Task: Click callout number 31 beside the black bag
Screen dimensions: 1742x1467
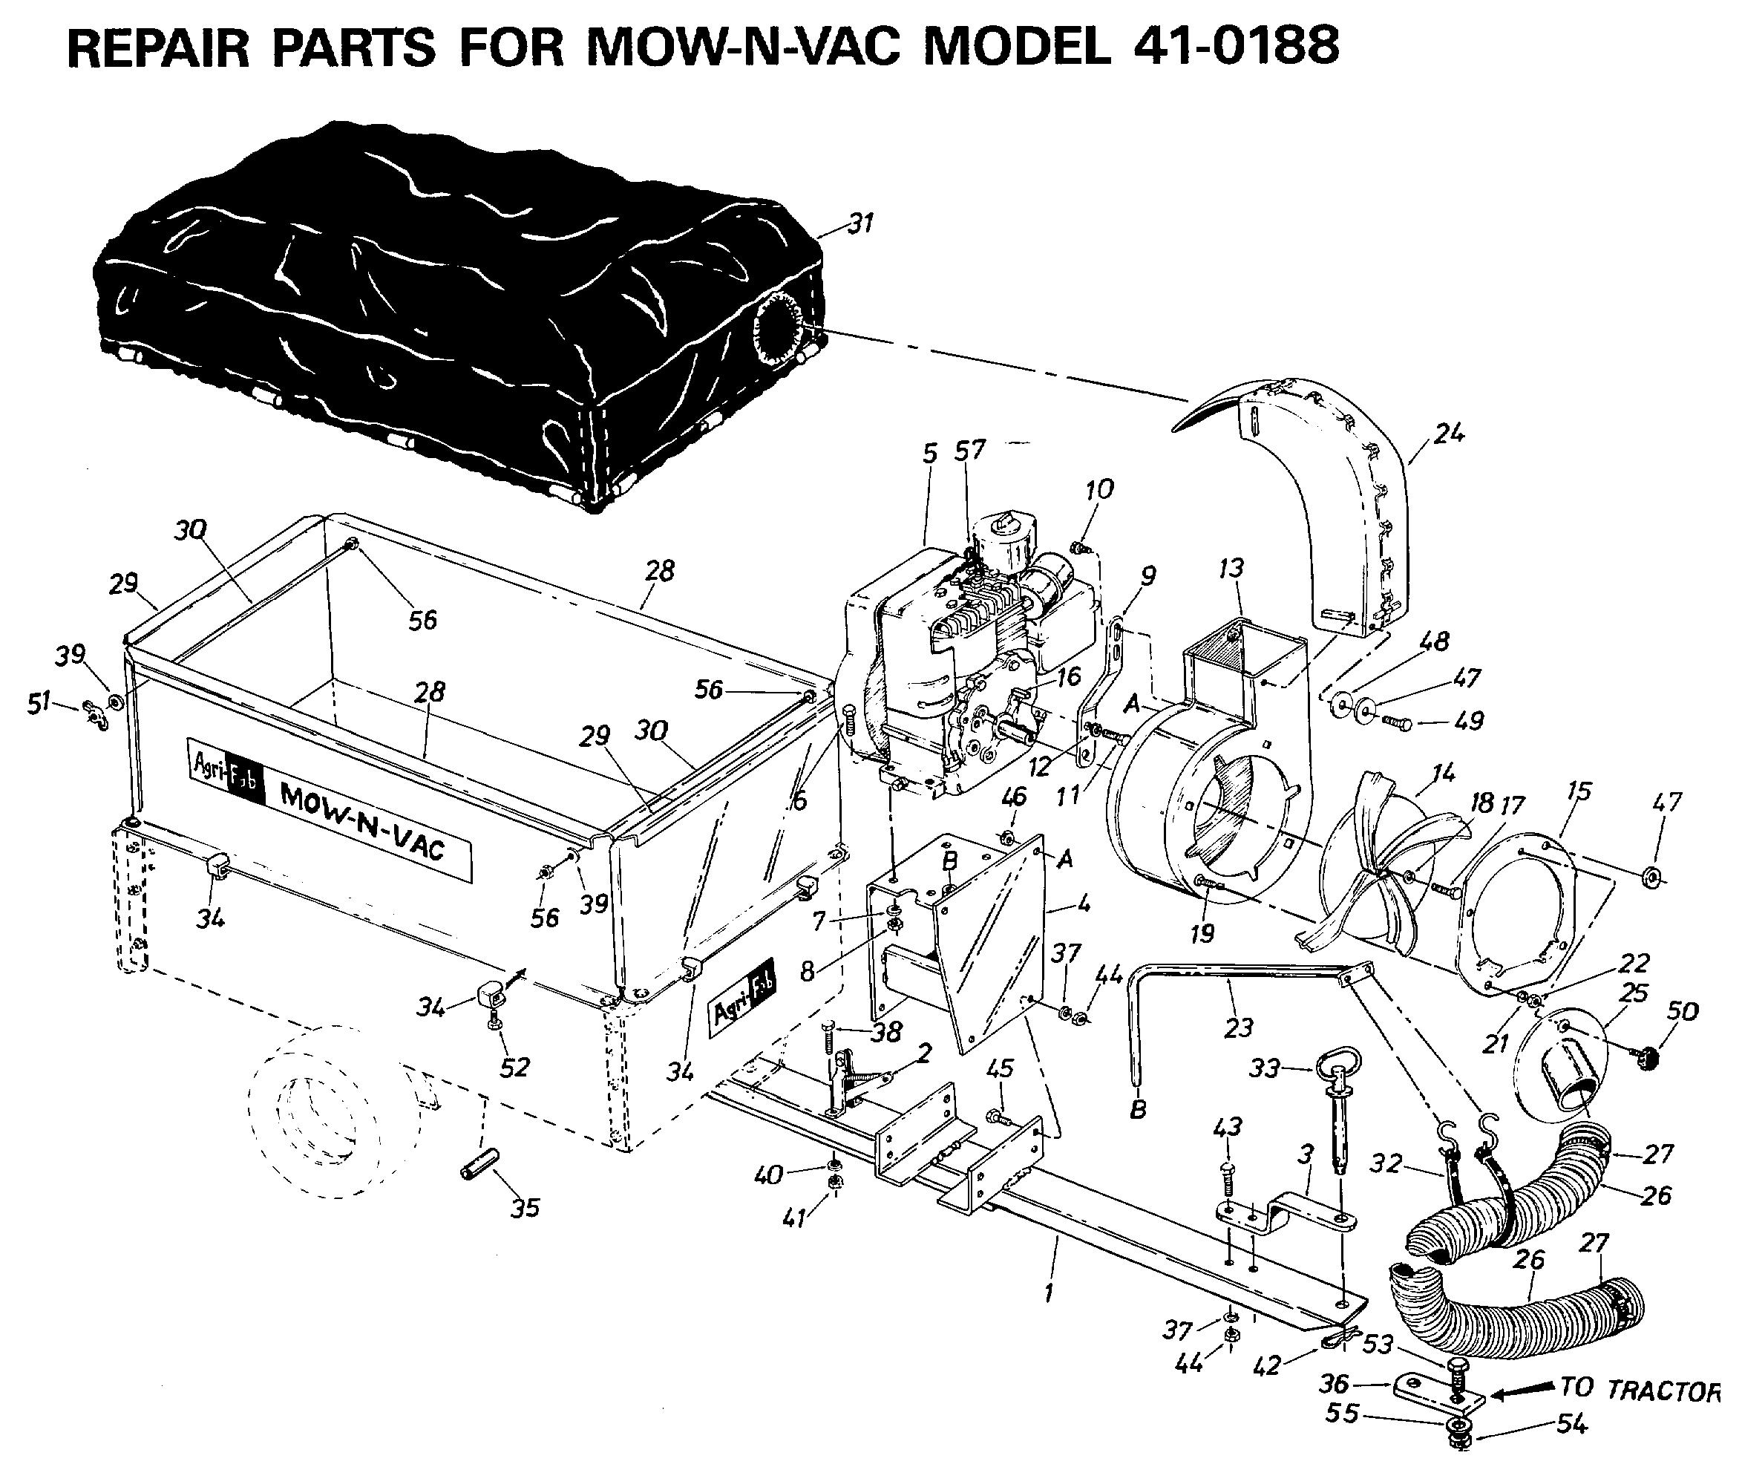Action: click(859, 223)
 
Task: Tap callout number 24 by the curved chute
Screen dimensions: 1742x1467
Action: click(1449, 434)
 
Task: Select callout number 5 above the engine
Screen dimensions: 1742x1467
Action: click(929, 454)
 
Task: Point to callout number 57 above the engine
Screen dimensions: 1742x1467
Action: click(969, 450)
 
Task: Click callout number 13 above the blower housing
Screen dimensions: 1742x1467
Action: click(1231, 568)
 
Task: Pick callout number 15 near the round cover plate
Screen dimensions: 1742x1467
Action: click(1577, 791)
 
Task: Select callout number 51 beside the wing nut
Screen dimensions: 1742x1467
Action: click(39, 704)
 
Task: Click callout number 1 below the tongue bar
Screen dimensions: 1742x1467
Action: click(1050, 1293)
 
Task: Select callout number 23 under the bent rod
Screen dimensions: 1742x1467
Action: click(1238, 1028)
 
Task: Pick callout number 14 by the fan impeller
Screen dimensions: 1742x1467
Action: click(1444, 773)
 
